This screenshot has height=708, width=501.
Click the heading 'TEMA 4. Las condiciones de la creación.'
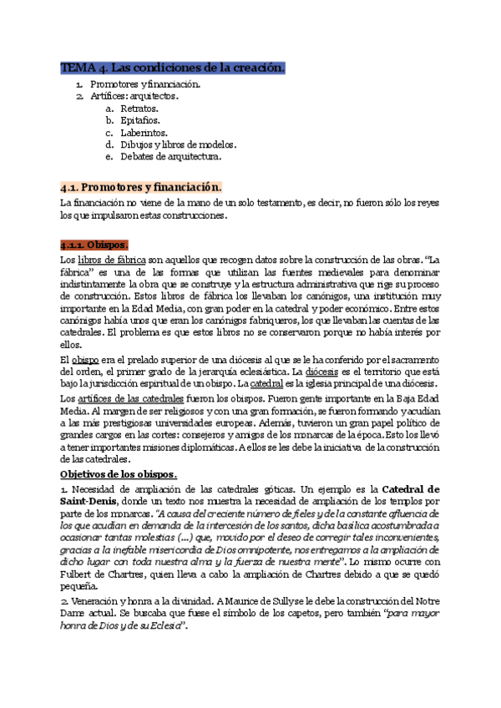(173, 68)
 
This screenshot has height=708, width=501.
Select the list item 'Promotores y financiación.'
(144, 84)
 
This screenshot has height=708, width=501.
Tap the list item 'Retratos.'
(139, 109)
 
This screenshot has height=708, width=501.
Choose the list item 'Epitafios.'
(141, 120)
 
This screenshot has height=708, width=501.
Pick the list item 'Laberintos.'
(144, 132)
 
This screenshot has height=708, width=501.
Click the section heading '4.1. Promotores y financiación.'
(141, 187)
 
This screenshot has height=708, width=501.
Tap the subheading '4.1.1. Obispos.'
(94, 245)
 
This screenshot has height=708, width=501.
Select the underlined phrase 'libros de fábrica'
(113, 260)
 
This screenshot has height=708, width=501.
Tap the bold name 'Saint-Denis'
(89, 500)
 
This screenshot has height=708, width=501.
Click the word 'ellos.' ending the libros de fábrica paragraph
(72, 342)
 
